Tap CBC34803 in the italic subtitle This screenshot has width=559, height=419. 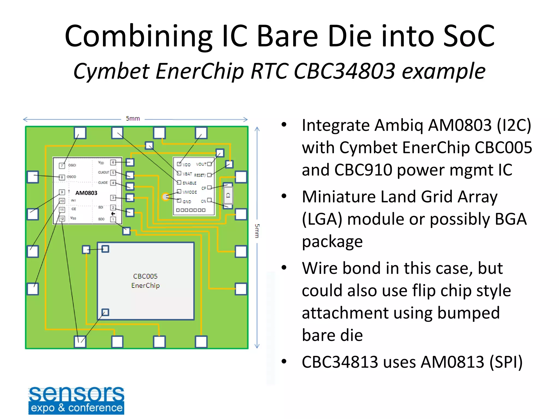344,71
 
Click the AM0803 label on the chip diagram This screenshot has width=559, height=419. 86,193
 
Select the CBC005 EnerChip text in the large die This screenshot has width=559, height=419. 145,281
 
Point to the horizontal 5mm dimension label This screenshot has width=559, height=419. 133,119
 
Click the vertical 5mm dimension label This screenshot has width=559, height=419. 257,231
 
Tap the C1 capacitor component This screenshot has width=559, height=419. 228,195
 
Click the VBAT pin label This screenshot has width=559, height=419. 187,174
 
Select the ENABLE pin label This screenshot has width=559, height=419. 189,183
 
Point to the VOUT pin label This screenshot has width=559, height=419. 201,164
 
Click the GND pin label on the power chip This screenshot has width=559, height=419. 187,202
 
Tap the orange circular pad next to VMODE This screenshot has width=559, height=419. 165,196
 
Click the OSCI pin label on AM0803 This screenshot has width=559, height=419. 72,165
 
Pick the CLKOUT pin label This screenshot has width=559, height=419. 103,172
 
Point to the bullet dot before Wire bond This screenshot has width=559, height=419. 284,268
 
